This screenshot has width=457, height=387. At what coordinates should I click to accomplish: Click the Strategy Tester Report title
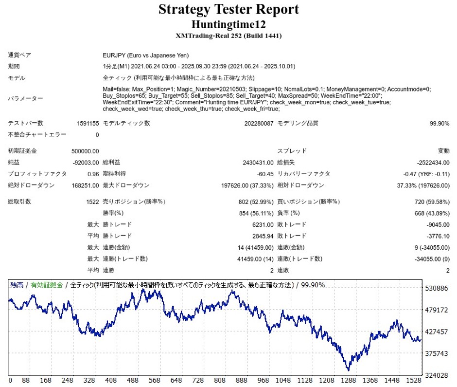tap(228, 9)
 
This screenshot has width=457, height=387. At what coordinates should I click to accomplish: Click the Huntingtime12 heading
tap(228, 24)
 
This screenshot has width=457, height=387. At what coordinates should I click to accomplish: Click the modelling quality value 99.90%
tap(439, 124)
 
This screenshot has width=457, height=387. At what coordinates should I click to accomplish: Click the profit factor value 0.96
tap(92, 174)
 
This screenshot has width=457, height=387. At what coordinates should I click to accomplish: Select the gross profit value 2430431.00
tap(256, 163)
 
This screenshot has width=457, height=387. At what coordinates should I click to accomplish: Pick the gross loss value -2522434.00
tap(433, 163)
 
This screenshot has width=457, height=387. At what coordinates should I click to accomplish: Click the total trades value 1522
tap(92, 202)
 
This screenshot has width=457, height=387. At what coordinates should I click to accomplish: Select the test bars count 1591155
tap(88, 124)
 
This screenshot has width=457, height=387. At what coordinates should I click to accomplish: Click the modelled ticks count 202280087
tap(259, 124)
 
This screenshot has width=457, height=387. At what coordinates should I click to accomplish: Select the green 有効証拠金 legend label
tap(47, 285)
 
